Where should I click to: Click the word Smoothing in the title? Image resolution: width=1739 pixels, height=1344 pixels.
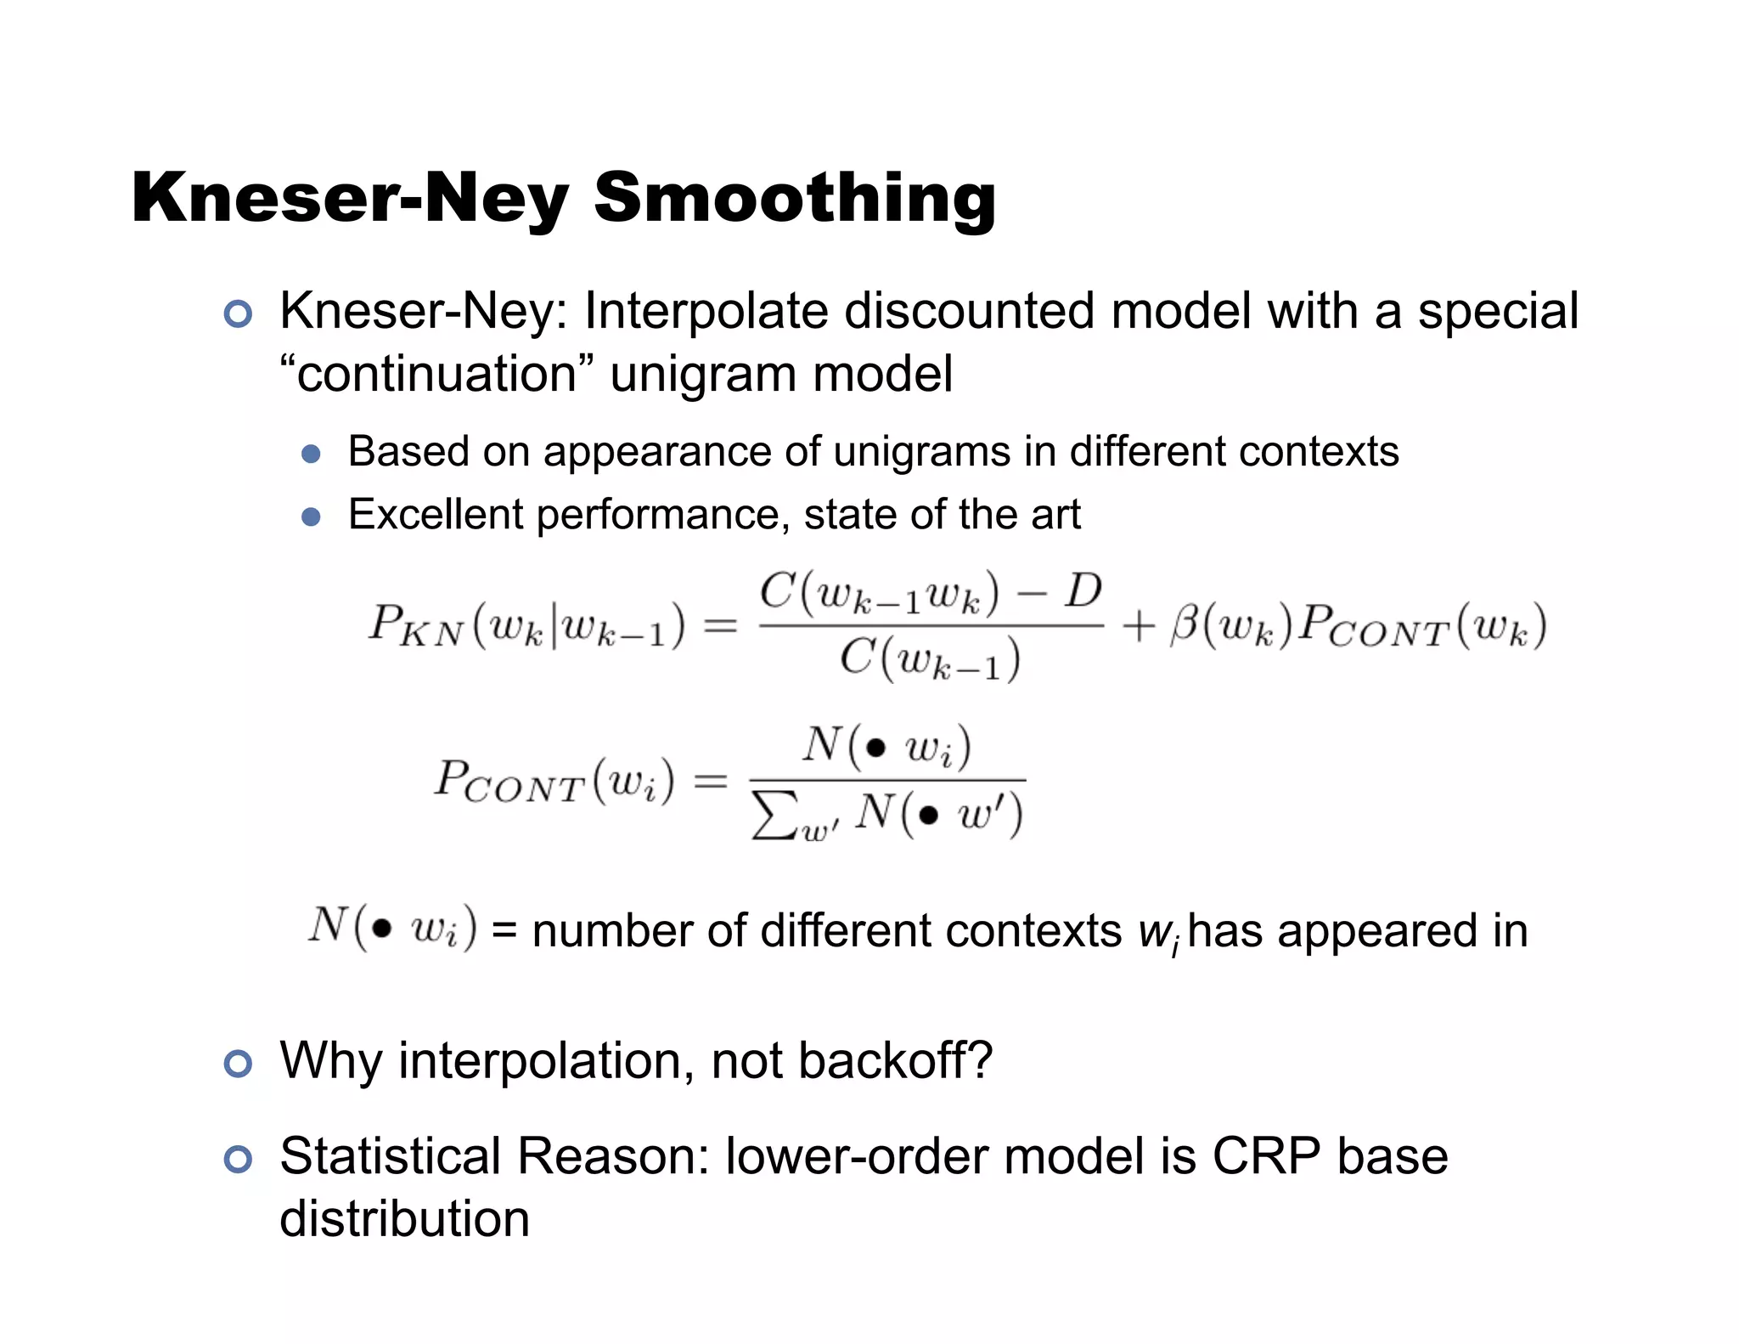794,198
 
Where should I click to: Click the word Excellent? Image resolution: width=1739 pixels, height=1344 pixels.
436,514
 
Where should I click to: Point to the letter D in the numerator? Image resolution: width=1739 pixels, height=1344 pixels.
1083,590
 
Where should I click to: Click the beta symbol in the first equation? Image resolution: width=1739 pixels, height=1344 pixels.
1184,626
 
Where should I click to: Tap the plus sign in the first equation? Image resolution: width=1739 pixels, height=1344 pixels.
1138,627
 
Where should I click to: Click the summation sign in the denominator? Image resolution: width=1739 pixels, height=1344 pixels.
774,816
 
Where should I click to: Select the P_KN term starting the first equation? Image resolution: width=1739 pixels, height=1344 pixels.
415,626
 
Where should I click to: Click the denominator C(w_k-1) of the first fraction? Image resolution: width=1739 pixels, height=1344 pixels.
930,659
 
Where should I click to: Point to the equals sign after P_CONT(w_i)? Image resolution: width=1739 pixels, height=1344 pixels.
711,781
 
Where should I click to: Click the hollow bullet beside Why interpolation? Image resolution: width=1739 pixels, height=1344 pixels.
238,1064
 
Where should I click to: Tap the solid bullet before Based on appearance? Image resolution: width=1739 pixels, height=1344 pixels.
311,454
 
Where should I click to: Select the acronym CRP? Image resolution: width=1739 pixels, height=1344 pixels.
1265,1156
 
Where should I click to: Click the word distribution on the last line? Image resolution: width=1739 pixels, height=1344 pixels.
404,1219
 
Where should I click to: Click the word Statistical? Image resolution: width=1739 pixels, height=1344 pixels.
390,1156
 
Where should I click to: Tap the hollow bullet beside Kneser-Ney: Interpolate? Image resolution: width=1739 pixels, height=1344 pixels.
238,314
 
